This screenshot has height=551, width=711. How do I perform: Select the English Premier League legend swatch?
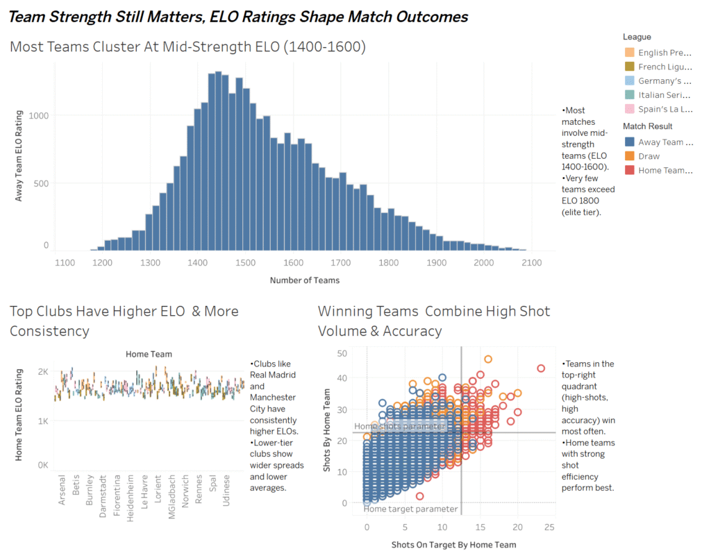click(x=630, y=53)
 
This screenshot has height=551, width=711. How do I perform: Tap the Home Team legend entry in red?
click(x=630, y=170)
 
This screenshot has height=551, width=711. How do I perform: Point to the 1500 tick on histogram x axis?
click(x=341, y=263)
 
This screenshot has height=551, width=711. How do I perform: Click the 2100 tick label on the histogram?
click(x=532, y=263)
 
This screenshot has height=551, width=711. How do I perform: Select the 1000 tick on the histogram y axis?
click(x=39, y=116)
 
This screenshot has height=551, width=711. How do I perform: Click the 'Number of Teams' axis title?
click(x=305, y=280)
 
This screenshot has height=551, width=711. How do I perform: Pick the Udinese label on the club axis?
click(x=227, y=489)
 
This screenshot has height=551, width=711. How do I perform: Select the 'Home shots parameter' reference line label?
click(x=390, y=426)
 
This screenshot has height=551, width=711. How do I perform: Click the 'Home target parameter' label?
click(x=411, y=509)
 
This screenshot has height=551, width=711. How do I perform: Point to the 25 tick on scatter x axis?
click(x=549, y=527)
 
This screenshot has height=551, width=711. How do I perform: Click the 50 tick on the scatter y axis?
click(x=342, y=354)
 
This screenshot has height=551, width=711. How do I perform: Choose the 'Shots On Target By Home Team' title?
click(x=453, y=544)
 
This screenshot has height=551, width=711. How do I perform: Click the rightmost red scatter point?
click(x=541, y=368)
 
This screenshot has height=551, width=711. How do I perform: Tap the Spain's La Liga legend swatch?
click(x=630, y=109)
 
